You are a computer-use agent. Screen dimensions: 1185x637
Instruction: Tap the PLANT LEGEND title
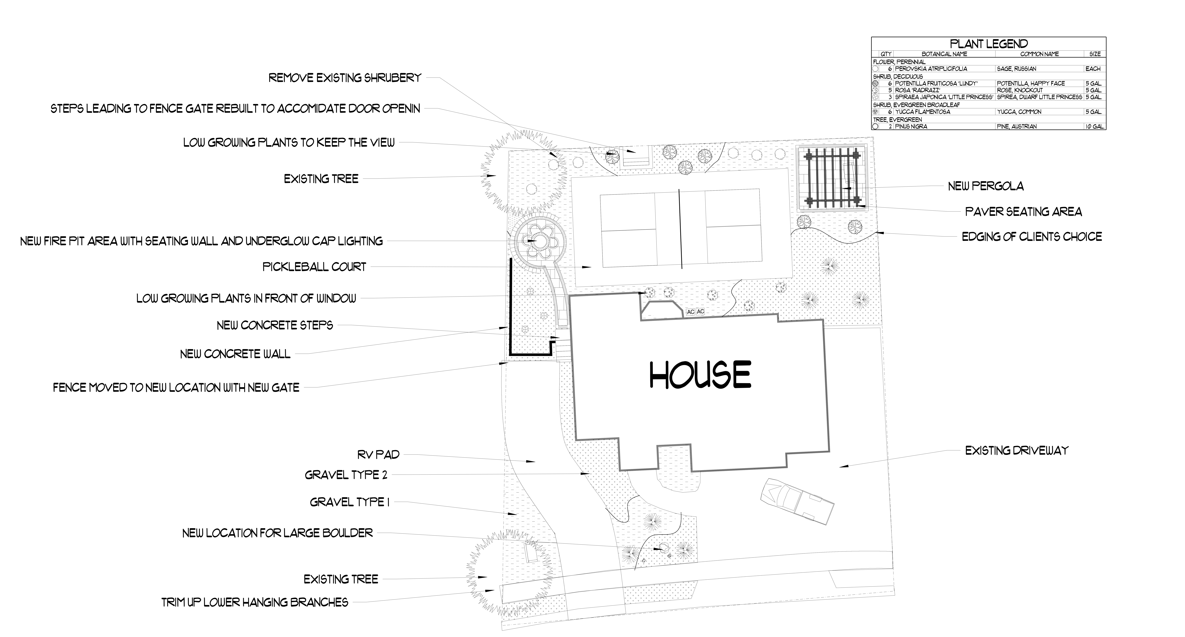[x=989, y=44]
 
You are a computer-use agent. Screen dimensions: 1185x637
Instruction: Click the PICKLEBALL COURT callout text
[x=314, y=267]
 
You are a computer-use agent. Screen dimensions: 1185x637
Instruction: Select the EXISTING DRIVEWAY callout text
[x=1017, y=451]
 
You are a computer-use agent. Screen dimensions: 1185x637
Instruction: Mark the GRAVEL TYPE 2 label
[x=346, y=475]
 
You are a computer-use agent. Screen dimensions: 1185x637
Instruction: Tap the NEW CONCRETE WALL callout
[x=235, y=354]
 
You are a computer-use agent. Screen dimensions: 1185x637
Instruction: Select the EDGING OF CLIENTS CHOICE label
[x=1032, y=237]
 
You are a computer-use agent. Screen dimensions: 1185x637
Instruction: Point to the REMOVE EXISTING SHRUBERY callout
[x=345, y=78]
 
